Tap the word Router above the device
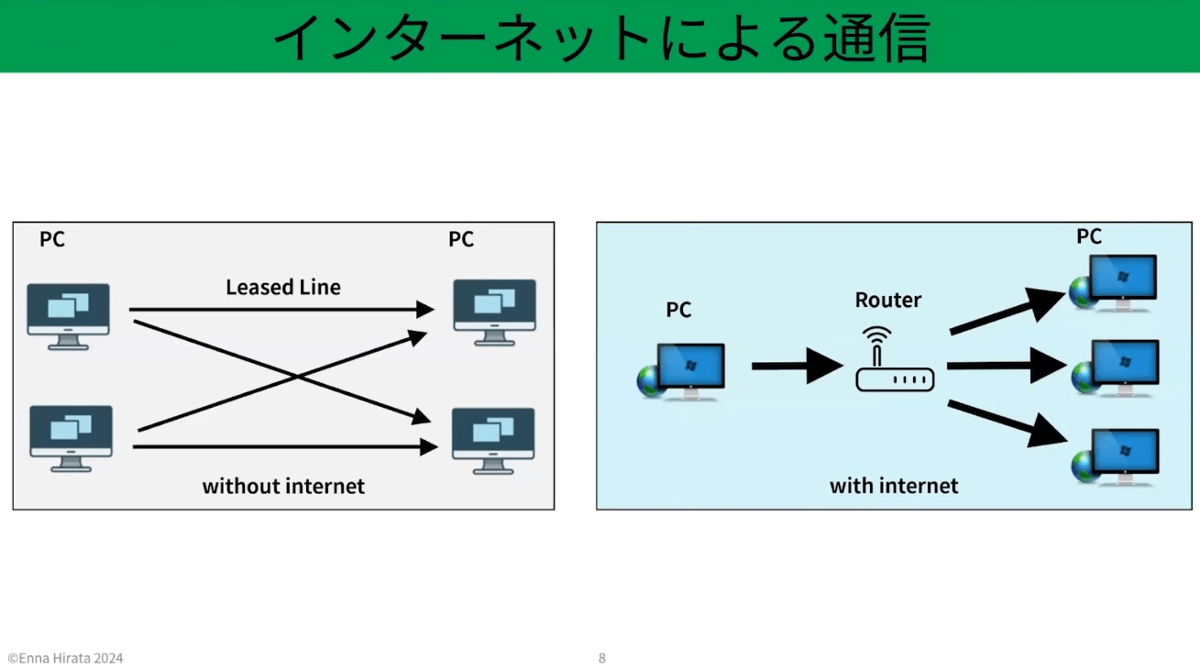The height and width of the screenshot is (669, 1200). click(887, 300)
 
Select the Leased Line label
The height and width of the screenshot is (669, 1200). click(283, 287)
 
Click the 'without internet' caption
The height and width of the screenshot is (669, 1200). click(283, 486)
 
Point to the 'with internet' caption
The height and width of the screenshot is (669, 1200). click(894, 486)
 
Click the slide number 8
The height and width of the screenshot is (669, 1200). click(601, 658)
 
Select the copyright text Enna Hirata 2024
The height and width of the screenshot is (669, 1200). click(65, 658)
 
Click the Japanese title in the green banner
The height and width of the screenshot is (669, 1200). click(600, 37)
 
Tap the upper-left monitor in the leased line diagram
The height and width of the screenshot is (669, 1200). click(68, 314)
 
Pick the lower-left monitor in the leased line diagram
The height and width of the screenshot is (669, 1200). click(71, 437)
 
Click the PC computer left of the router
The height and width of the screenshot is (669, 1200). click(683, 370)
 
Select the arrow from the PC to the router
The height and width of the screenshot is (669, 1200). click(796, 366)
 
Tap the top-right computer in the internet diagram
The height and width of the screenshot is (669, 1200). click(1114, 282)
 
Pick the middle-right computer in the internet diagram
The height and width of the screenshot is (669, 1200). click(1117, 367)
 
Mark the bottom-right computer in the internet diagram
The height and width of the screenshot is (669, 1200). click(1116, 455)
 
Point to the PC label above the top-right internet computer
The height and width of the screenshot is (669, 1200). click(1088, 236)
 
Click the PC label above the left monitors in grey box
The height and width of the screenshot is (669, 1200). click(52, 239)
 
